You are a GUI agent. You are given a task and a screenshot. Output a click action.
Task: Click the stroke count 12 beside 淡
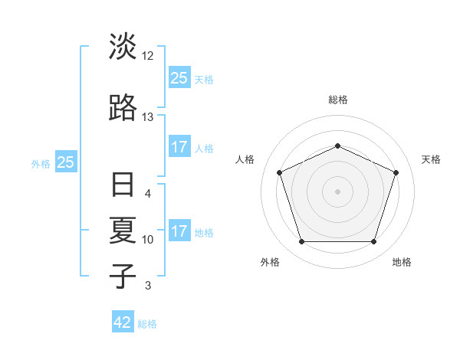(x=148, y=56)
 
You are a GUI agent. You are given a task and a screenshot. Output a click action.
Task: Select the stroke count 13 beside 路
(x=148, y=117)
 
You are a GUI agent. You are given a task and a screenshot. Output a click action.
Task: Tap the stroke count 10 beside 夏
(x=148, y=240)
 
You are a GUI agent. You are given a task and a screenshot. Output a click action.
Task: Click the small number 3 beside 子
(x=148, y=286)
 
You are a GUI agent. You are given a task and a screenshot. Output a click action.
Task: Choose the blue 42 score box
(x=123, y=322)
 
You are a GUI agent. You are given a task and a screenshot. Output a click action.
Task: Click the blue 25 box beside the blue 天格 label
(x=179, y=77)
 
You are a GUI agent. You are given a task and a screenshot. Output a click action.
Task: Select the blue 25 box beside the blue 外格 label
(x=66, y=162)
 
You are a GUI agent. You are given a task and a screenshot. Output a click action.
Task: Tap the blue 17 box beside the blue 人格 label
(x=179, y=146)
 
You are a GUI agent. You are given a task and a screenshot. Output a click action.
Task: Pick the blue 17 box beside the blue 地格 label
(x=179, y=231)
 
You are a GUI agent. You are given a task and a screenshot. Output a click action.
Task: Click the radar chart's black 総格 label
(x=338, y=100)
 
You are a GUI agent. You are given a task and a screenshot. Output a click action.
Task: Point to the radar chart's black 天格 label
(x=432, y=159)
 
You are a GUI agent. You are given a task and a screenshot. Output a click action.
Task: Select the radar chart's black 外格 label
(x=270, y=262)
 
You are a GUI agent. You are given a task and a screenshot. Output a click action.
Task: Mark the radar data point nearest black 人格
(x=279, y=172)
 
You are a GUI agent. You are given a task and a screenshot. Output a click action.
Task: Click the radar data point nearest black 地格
(x=373, y=242)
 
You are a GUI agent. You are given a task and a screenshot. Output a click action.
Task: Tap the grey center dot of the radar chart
(x=337, y=191)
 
